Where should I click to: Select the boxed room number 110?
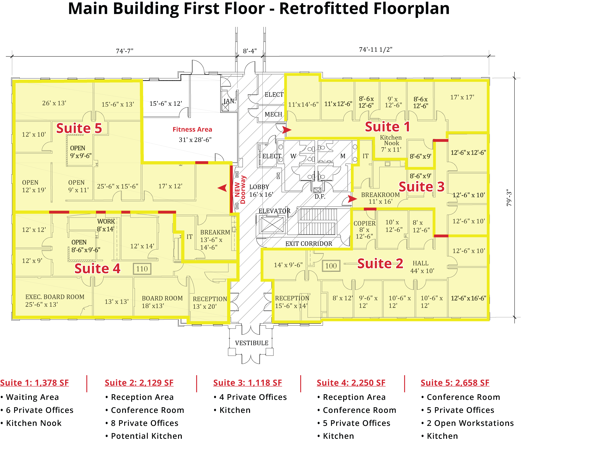[x=142, y=269]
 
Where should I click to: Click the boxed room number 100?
[x=331, y=266]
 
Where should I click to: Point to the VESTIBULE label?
[x=251, y=343]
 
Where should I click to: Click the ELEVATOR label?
[x=274, y=211]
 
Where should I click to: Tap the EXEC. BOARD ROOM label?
[x=55, y=297]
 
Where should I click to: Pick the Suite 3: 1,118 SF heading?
[x=247, y=383]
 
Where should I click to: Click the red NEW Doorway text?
[x=240, y=190]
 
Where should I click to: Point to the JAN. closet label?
[x=230, y=101]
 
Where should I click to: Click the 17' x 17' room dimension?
[x=462, y=97]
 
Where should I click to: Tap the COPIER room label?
[x=365, y=223]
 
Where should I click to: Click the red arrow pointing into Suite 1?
[x=287, y=130]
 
